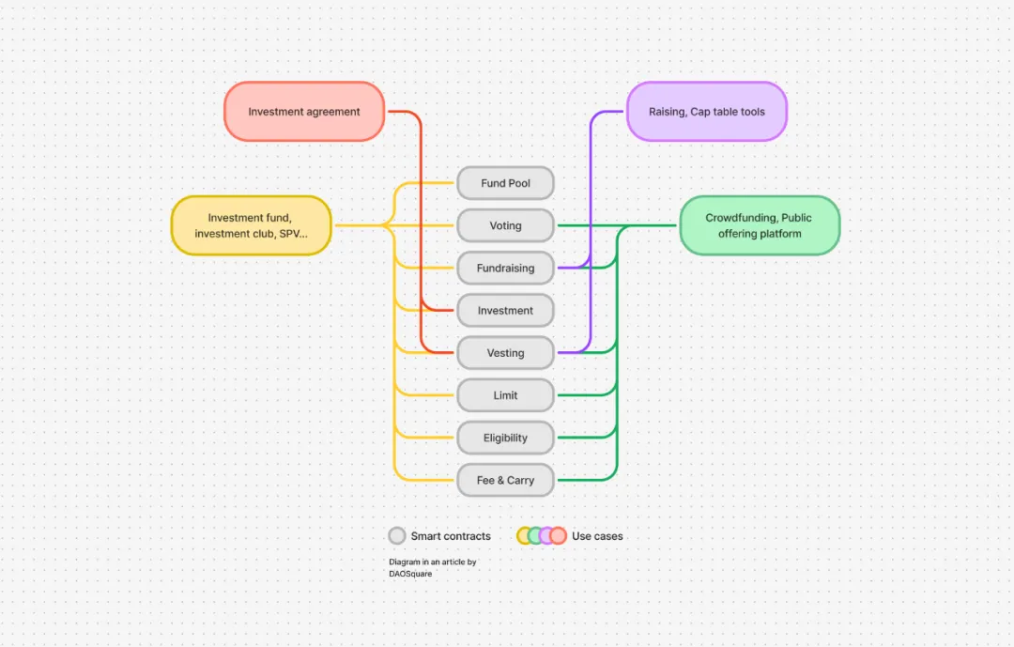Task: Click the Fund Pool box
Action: pyautogui.click(x=505, y=183)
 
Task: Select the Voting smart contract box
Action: pyautogui.click(x=505, y=225)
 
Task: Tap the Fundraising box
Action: pyautogui.click(x=505, y=268)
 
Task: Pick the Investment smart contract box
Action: pyautogui.click(x=505, y=311)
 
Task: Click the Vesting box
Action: pyautogui.click(x=505, y=353)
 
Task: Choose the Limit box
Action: pyautogui.click(x=505, y=395)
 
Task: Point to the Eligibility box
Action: pyautogui.click(x=505, y=438)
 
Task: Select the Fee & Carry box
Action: pyautogui.click(x=505, y=480)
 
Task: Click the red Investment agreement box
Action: pyautogui.click(x=304, y=112)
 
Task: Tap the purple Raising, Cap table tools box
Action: pyautogui.click(x=706, y=112)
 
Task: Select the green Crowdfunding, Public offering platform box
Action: pyautogui.click(x=759, y=225)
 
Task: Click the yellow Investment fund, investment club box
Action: pyautogui.click(x=251, y=225)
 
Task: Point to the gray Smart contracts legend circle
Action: pyautogui.click(x=397, y=535)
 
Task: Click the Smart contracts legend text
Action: pyautogui.click(x=451, y=536)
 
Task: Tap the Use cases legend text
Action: pyautogui.click(x=597, y=536)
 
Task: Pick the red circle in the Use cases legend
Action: pyautogui.click(x=558, y=535)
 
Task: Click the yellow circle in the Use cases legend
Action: pyautogui.click(x=525, y=535)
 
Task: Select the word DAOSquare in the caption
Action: pyautogui.click(x=410, y=573)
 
